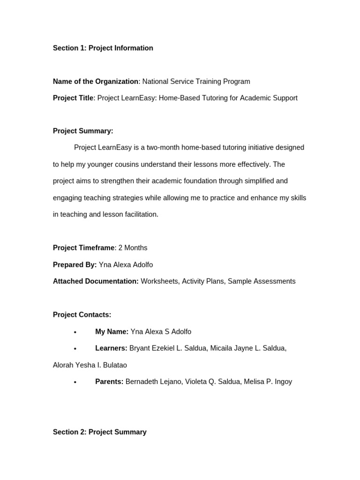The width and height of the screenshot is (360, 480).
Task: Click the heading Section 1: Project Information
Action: coord(103,48)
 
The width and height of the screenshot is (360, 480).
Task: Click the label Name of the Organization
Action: coord(95,82)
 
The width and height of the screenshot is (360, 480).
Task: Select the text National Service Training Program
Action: coord(196,82)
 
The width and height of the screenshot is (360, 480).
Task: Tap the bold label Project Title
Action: coord(73,98)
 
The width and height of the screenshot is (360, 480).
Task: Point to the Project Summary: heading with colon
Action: coord(83,131)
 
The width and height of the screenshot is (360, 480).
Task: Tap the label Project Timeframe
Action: coord(83,247)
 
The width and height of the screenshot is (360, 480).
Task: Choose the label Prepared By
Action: coord(75,265)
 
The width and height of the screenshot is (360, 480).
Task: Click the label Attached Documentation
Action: coord(96,281)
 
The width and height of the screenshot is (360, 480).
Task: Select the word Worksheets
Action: coord(159,281)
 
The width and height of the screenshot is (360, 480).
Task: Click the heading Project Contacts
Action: coord(82,315)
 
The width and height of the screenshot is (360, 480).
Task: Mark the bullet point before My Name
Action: coord(75,332)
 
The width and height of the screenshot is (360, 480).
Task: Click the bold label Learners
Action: coord(111,348)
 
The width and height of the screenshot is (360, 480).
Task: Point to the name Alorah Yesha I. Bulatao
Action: coord(90,365)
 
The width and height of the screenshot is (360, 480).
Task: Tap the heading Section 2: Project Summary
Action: coord(99,432)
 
